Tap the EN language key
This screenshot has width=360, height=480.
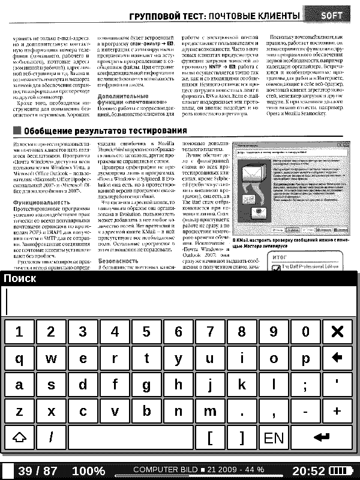pyautogui.click(x=274, y=437)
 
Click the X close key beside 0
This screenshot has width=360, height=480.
pyautogui.click(x=337, y=332)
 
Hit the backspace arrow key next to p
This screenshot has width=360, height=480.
pyautogui.click(x=337, y=358)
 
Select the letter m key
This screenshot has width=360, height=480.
pyautogui.click(x=210, y=411)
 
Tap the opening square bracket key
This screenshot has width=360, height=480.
pyautogui.click(x=210, y=437)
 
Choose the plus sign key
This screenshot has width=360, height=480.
pyautogui.click(x=337, y=411)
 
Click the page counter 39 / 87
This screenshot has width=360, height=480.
pyautogui.click(x=37, y=471)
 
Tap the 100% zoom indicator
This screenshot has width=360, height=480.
pyautogui.click(x=88, y=471)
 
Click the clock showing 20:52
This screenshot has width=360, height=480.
pyautogui.click(x=309, y=471)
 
